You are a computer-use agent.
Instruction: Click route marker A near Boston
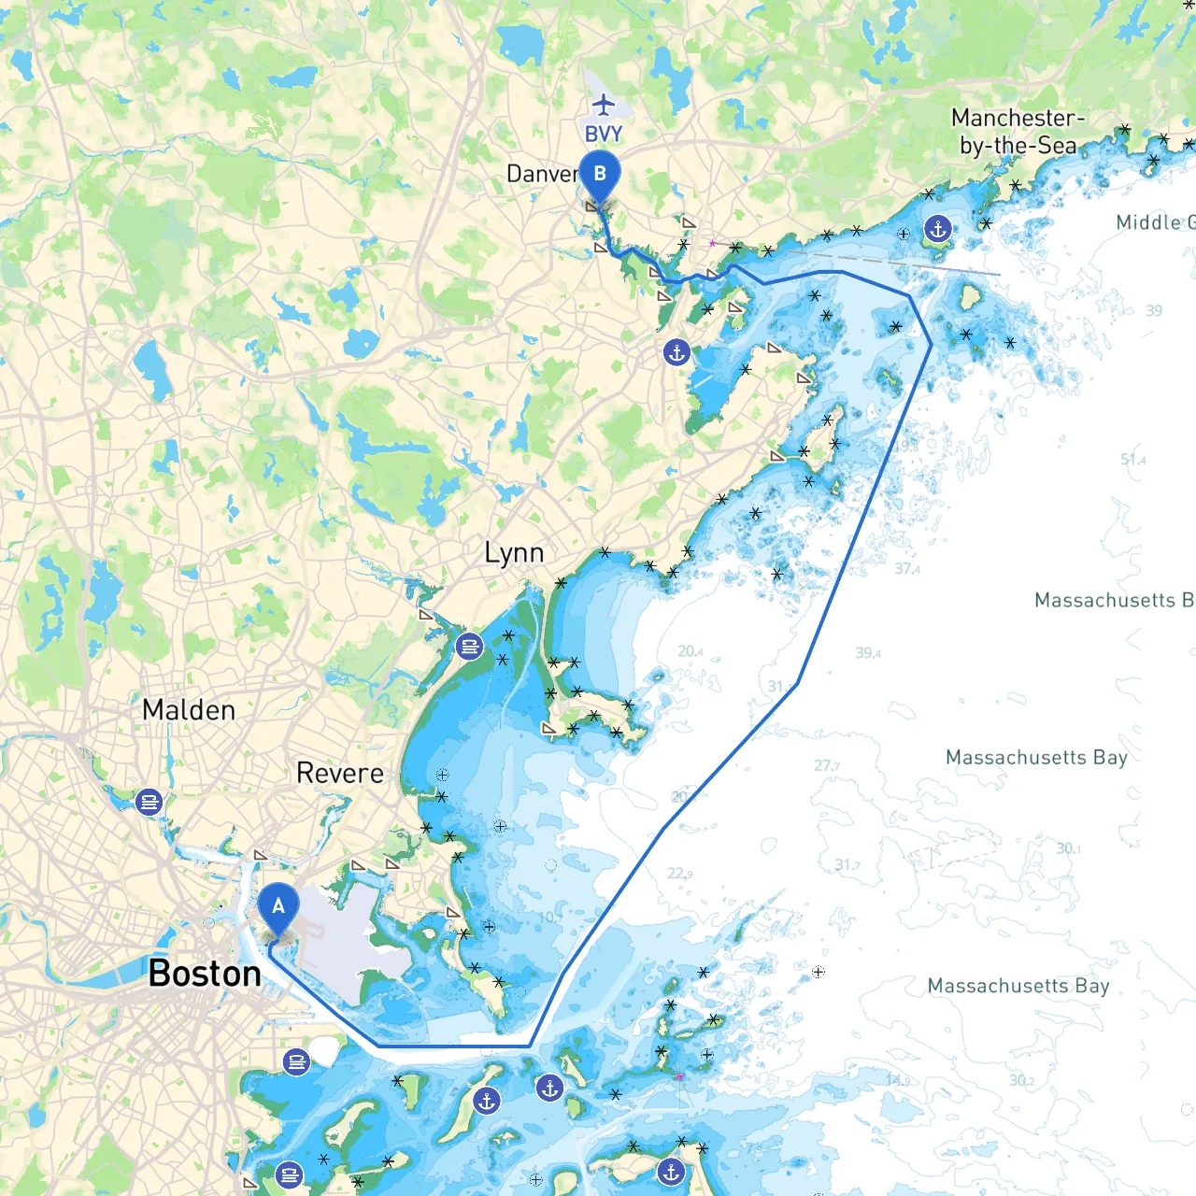(278, 907)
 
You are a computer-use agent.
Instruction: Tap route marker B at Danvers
(599, 175)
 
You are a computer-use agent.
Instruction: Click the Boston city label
(205, 974)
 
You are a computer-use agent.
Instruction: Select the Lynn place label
(514, 553)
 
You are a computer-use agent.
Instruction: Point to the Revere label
(339, 774)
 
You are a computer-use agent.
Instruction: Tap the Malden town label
(189, 710)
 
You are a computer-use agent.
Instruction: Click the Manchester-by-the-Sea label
(1018, 132)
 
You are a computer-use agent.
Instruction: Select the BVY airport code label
(604, 135)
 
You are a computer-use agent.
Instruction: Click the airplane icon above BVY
(605, 104)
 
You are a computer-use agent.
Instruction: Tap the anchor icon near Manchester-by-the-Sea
(937, 228)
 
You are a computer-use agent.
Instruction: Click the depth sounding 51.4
(1132, 460)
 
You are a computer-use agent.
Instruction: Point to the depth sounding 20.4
(691, 651)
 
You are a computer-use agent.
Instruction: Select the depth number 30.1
(1068, 848)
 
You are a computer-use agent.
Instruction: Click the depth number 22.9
(679, 874)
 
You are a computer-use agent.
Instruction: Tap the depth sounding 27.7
(826, 766)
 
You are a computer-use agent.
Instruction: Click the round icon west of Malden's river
(149, 802)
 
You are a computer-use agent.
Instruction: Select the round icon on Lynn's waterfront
(469, 646)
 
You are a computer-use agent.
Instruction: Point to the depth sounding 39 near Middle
(1154, 310)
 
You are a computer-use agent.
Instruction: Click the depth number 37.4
(906, 568)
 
